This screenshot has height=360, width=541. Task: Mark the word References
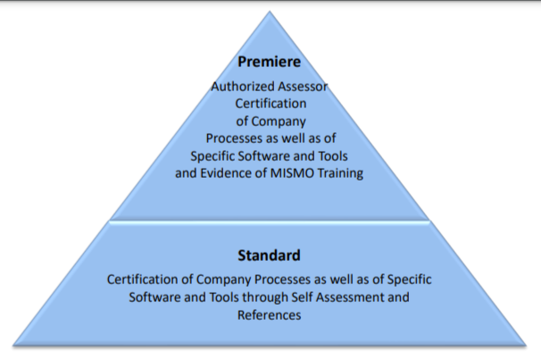(270, 314)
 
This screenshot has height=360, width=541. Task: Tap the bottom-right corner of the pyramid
(527, 344)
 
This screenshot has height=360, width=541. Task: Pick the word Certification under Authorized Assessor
(270, 104)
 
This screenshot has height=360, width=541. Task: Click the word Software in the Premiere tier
(258, 155)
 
